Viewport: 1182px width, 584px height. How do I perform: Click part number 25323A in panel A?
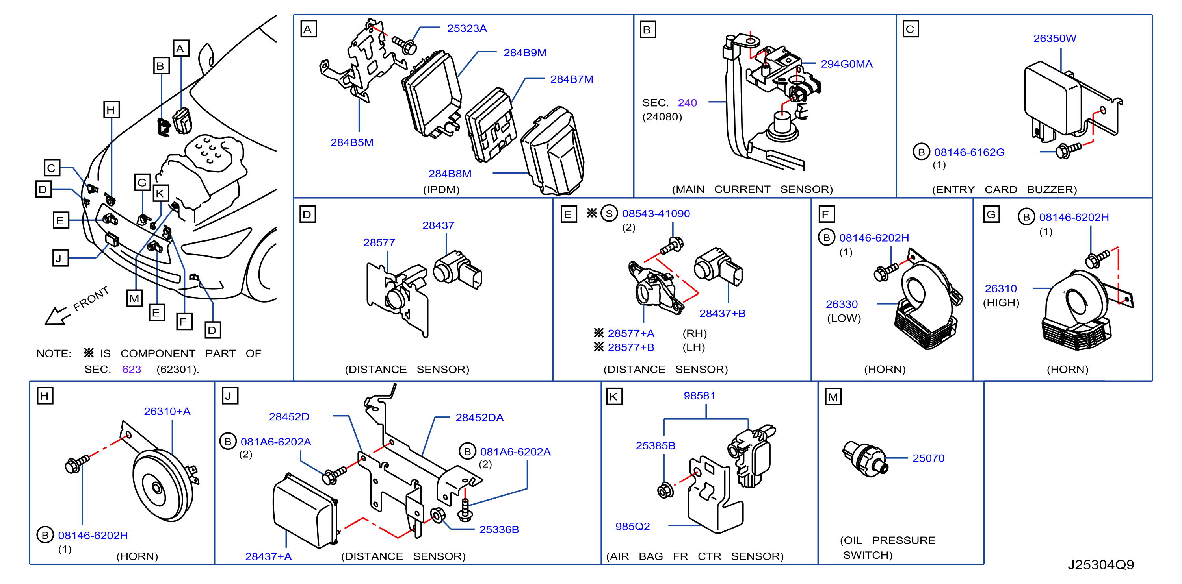tap(466, 28)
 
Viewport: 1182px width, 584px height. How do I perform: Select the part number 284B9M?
tap(525, 53)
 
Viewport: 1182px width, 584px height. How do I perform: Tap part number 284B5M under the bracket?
tap(352, 142)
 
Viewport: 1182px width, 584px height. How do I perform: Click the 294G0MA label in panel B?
tap(847, 64)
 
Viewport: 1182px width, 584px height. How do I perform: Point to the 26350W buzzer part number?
tap(1054, 39)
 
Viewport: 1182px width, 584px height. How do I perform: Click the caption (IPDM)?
tap(441, 189)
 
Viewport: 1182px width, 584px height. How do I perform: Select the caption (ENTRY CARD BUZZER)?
tap(1004, 189)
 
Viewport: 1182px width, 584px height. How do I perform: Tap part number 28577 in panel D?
tap(379, 242)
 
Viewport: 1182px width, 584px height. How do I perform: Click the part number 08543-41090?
tap(656, 214)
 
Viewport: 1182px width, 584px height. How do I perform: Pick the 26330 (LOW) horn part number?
tap(842, 304)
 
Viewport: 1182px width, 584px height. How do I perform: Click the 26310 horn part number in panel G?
tap(1001, 289)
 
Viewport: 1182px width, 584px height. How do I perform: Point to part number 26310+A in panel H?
tap(167, 412)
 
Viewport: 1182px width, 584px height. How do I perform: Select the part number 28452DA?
tap(479, 418)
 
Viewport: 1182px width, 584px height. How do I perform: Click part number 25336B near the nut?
tap(499, 529)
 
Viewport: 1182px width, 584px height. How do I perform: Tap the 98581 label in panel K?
tap(699, 395)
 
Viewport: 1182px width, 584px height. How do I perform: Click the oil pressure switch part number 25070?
tap(928, 458)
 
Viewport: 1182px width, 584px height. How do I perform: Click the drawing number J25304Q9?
tap(1100, 565)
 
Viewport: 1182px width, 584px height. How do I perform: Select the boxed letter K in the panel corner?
tap(614, 397)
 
